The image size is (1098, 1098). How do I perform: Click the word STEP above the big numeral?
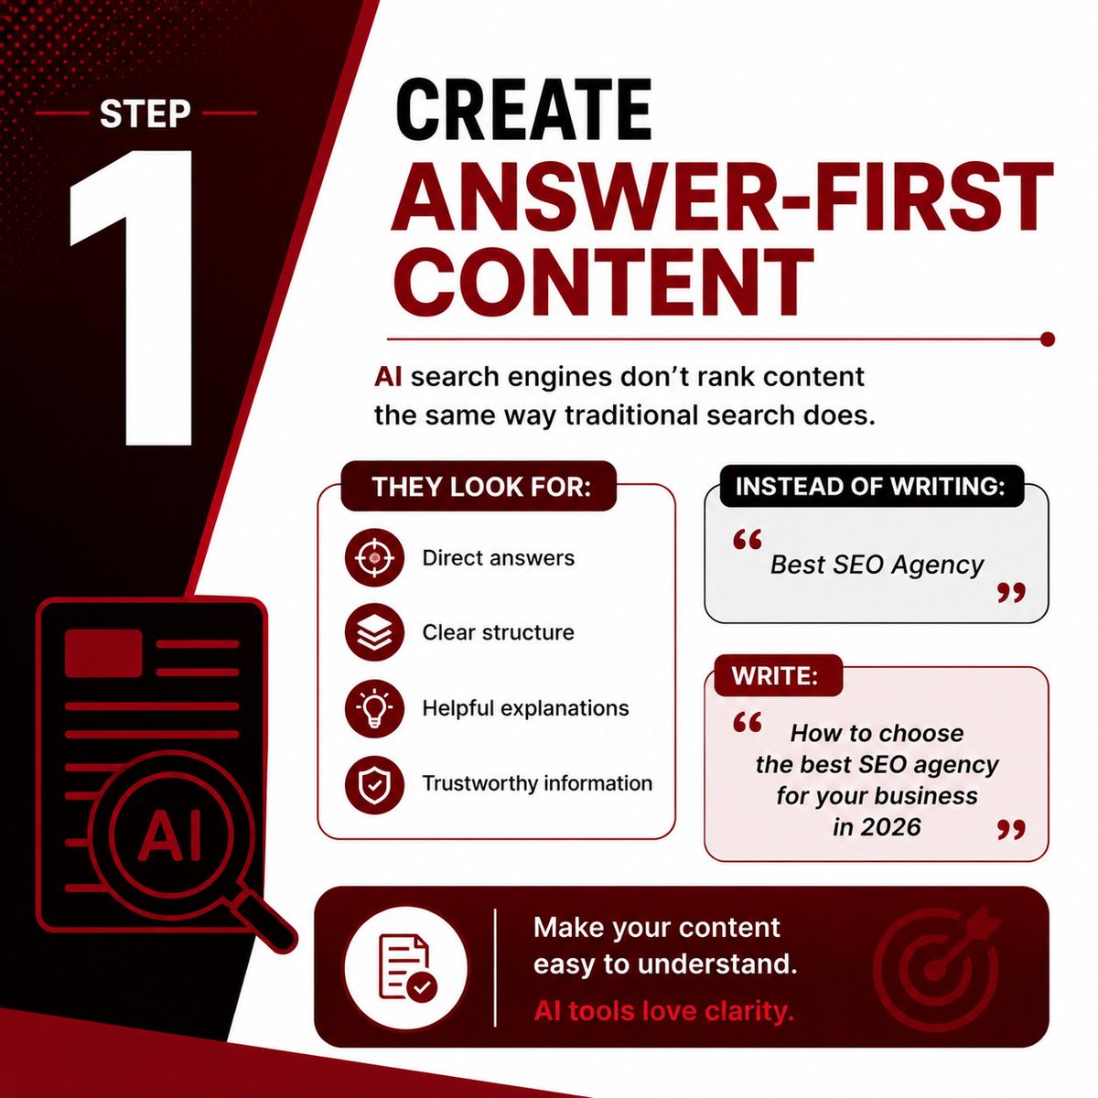pyautogui.click(x=145, y=114)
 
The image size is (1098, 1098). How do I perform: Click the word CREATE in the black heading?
pyautogui.click(x=523, y=109)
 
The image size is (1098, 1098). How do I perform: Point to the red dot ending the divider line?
pyautogui.click(x=1047, y=339)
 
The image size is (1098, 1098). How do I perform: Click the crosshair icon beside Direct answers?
pyautogui.click(x=374, y=558)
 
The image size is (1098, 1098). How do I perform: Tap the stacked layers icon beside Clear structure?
pyautogui.click(x=374, y=632)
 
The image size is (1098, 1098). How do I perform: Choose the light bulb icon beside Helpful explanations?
pyautogui.click(x=374, y=708)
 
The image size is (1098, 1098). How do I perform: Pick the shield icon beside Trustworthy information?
pyautogui.click(x=374, y=784)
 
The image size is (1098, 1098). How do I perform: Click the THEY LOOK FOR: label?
pyautogui.click(x=479, y=487)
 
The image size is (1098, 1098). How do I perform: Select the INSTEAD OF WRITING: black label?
pyautogui.click(x=871, y=486)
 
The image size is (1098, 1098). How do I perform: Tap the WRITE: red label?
pyautogui.click(x=775, y=676)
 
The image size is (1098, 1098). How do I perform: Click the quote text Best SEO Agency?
pyautogui.click(x=877, y=565)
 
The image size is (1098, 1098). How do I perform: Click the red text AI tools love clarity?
pyautogui.click(x=663, y=1010)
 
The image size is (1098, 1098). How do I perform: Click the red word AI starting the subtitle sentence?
pyautogui.click(x=388, y=377)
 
